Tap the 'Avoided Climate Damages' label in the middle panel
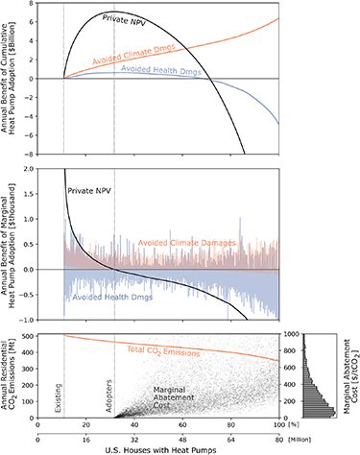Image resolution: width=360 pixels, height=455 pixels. [x=187, y=244]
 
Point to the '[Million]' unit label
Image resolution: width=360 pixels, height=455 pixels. [x=300, y=436]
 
